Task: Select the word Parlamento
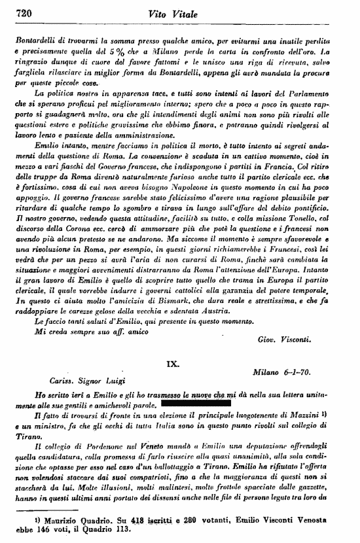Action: pos(317,94)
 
